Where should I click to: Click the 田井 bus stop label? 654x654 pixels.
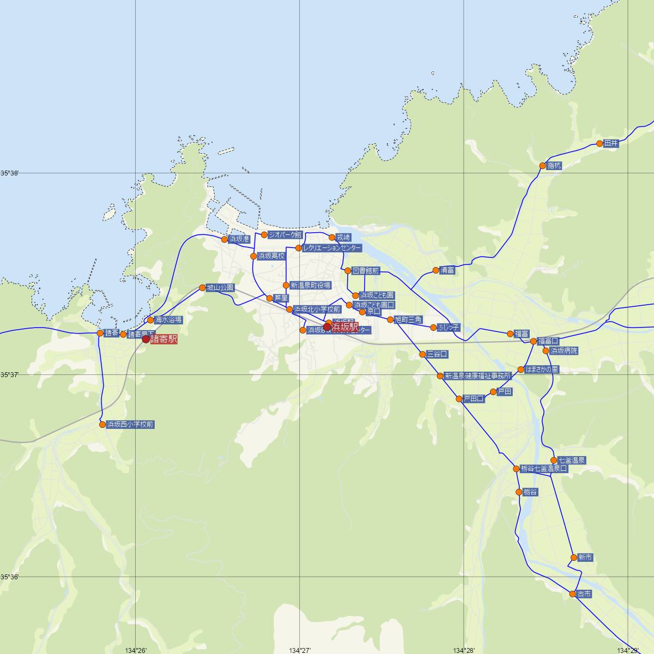coord(611,144)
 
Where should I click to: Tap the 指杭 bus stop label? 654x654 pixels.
coord(554,166)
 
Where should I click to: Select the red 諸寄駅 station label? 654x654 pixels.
coord(163,339)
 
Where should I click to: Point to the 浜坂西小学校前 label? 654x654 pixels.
coord(131,424)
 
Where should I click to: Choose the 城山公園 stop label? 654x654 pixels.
coord(220,287)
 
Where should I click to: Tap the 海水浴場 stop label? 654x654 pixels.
coord(168,320)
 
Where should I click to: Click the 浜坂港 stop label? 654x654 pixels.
coord(239,239)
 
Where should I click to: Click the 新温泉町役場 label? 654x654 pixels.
coord(310,285)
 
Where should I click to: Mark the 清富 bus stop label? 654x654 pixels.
coord(447,270)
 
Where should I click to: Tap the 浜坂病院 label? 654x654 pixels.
coord(564,350)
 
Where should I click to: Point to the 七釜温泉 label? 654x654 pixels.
coord(571,461)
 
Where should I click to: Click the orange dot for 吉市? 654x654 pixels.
coord(573,594)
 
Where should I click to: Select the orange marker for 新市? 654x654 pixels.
coord(573,558)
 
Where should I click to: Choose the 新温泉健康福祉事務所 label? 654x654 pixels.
coord(478,376)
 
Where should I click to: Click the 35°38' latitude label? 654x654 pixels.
coord(10,173)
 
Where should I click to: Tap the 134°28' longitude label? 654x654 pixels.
coord(464,650)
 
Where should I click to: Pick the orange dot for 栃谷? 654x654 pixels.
coord(519,492)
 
